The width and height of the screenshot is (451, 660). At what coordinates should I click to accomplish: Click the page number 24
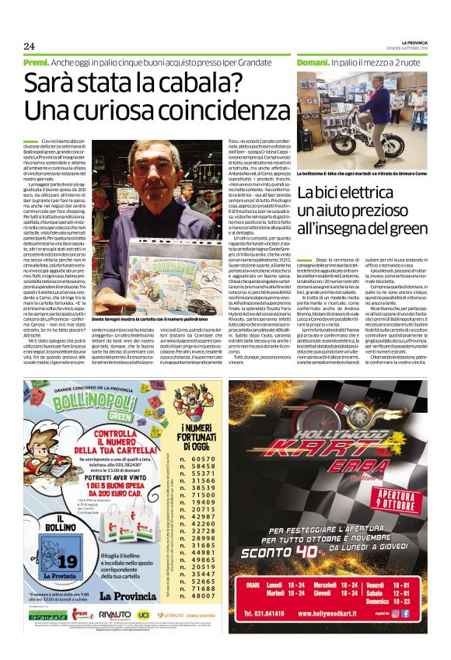tap(30, 45)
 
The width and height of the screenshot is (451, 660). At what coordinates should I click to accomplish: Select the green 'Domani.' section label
tap(313, 61)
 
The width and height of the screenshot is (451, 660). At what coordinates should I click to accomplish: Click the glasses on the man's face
tap(157, 168)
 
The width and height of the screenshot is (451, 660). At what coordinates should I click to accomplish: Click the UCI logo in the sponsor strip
tap(144, 637)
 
